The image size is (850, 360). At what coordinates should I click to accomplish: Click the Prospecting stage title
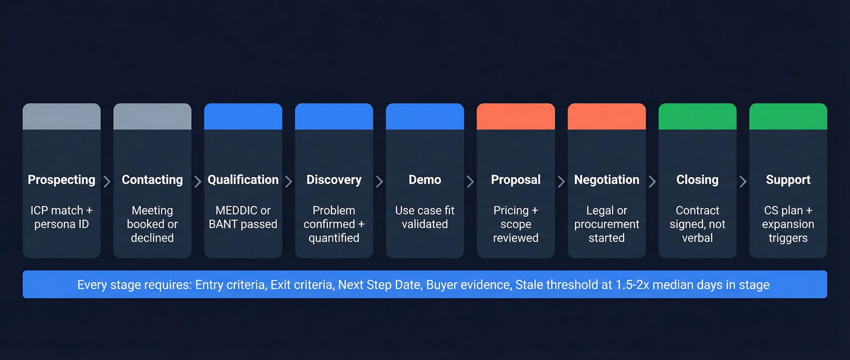pyautogui.click(x=61, y=180)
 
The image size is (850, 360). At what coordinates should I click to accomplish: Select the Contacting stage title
pyautogui.click(x=152, y=180)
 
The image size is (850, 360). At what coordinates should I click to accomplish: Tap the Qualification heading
pyautogui.click(x=243, y=180)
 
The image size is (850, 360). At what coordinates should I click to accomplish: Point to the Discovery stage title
pyautogui.click(x=334, y=180)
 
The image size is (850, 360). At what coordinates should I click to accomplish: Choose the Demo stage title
pyautogui.click(x=425, y=180)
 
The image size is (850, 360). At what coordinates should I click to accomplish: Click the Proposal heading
pyautogui.click(x=515, y=180)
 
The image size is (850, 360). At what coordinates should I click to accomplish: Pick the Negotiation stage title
pyautogui.click(x=607, y=180)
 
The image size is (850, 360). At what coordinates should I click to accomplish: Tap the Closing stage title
pyautogui.click(x=698, y=180)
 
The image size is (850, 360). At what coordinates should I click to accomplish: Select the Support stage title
pyautogui.click(x=788, y=180)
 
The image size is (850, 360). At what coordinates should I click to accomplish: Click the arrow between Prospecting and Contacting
pyautogui.click(x=107, y=182)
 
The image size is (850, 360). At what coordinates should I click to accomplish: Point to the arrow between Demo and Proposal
pyautogui.click(x=471, y=182)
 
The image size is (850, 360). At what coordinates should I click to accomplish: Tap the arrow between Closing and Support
pyautogui.click(x=743, y=182)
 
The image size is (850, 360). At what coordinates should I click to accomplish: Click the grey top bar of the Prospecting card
pyautogui.click(x=61, y=117)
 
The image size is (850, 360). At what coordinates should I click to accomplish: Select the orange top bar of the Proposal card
pyautogui.click(x=515, y=117)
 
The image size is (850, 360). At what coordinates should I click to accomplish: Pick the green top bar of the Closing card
pyautogui.click(x=698, y=117)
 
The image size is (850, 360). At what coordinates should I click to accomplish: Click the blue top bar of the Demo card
pyautogui.click(x=425, y=117)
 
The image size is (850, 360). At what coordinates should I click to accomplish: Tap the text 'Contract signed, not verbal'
pyautogui.click(x=698, y=224)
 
